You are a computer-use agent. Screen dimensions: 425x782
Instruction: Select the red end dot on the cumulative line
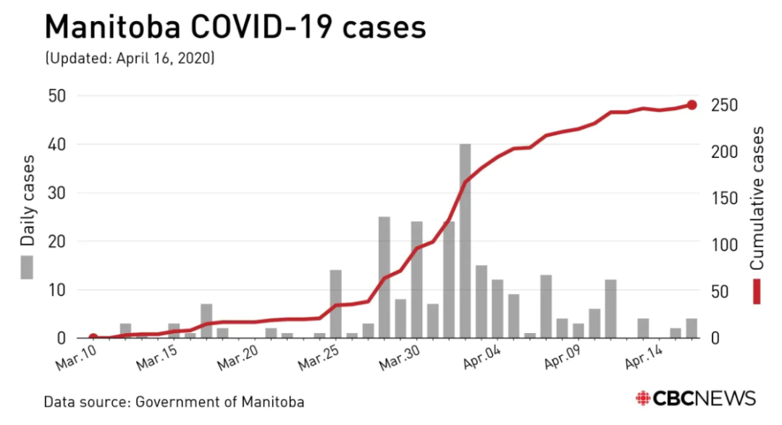pyautogui.click(x=691, y=105)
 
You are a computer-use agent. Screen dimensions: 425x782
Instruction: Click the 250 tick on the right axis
pyautogui.click(x=723, y=106)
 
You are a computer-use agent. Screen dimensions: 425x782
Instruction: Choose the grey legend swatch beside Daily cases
pyautogui.click(x=28, y=266)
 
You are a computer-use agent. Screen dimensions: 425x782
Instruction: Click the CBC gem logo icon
pyautogui.click(x=642, y=398)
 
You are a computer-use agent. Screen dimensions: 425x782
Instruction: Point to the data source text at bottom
pyautogui.click(x=174, y=401)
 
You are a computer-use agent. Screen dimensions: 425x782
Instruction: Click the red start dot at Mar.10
pyautogui.click(x=93, y=337)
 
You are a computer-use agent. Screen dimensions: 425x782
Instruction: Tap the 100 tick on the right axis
pyautogui.click(x=723, y=245)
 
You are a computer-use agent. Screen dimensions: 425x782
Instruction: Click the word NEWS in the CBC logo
pyautogui.click(x=725, y=398)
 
